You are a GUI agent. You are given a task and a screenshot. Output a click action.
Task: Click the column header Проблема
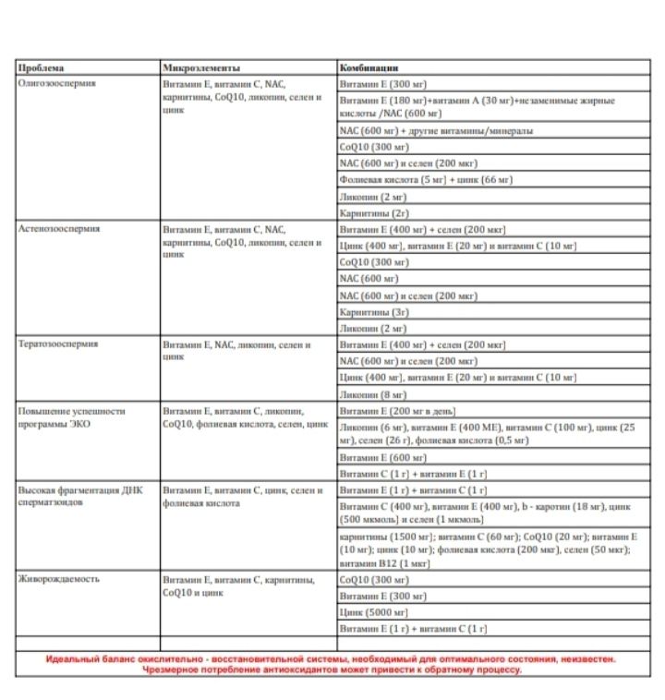(39, 67)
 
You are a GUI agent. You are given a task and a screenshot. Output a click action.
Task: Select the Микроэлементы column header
(201, 67)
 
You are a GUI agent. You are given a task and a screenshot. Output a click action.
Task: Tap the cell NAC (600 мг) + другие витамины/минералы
(436, 130)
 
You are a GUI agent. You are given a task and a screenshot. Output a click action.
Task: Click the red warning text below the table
(332, 665)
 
